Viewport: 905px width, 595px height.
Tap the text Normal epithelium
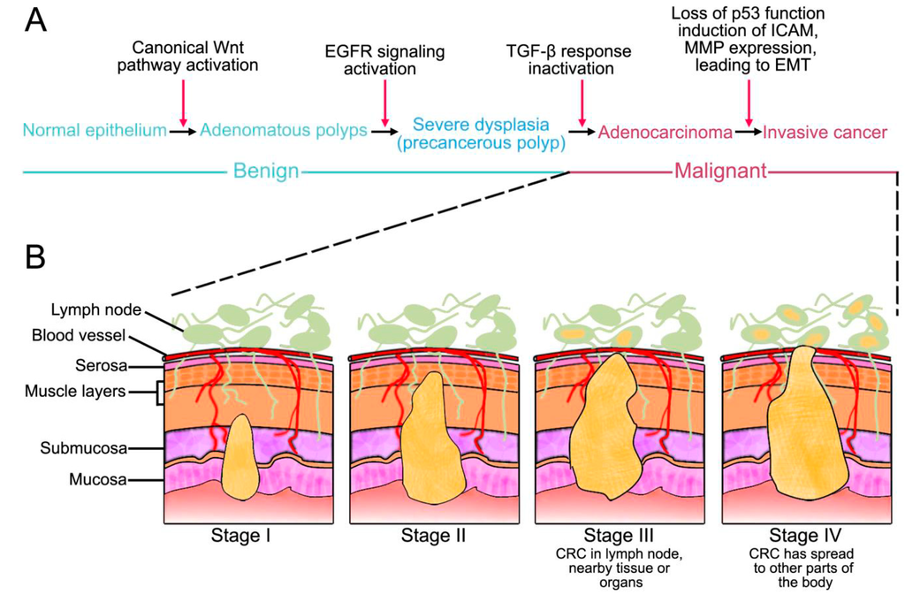click(95, 131)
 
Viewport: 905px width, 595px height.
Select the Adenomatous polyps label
click(284, 131)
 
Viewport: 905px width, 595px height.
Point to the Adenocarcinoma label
click(665, 132)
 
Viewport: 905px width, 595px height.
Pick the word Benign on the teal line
click(266, 172)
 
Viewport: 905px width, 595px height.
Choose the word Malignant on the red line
click(719, 172)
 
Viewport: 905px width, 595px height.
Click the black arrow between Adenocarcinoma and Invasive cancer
click(748, 132)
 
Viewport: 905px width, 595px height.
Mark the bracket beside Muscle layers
click(160, 392)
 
